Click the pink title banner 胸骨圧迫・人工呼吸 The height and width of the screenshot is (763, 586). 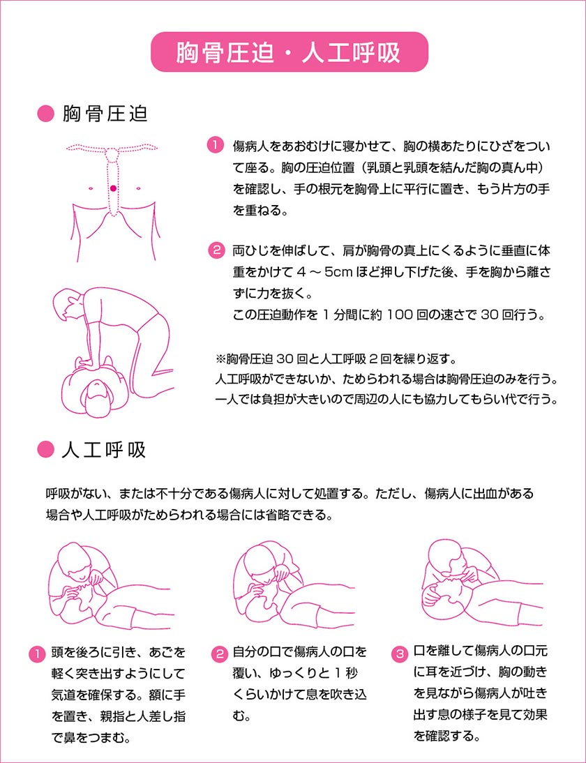pos(288,52)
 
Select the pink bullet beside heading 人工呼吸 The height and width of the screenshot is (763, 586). pos(45,450)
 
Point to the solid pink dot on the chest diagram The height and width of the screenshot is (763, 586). pos(112,188)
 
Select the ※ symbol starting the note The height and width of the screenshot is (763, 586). pos(221,360)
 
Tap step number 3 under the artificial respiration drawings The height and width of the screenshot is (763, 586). pos(400,654)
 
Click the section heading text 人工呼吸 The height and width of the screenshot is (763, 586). pos(104,450)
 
